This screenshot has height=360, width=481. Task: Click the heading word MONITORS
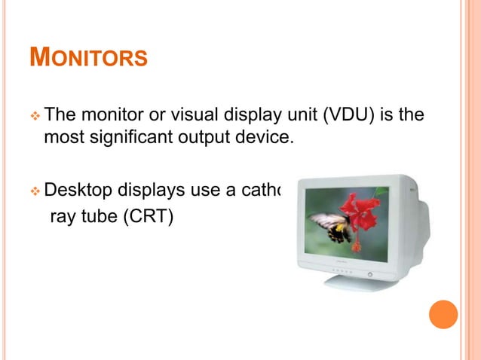pos(87,57)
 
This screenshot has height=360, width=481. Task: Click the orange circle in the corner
pos(443,314)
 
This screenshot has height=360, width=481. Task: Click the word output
pos(199,138)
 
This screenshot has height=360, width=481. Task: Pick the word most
pos(63,139)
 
